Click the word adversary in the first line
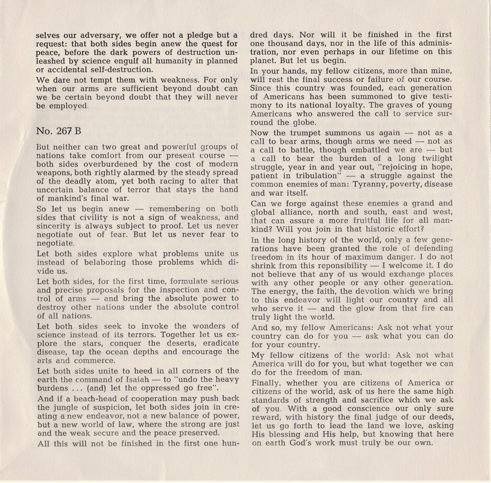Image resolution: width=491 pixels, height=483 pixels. [x=112, y=35]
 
